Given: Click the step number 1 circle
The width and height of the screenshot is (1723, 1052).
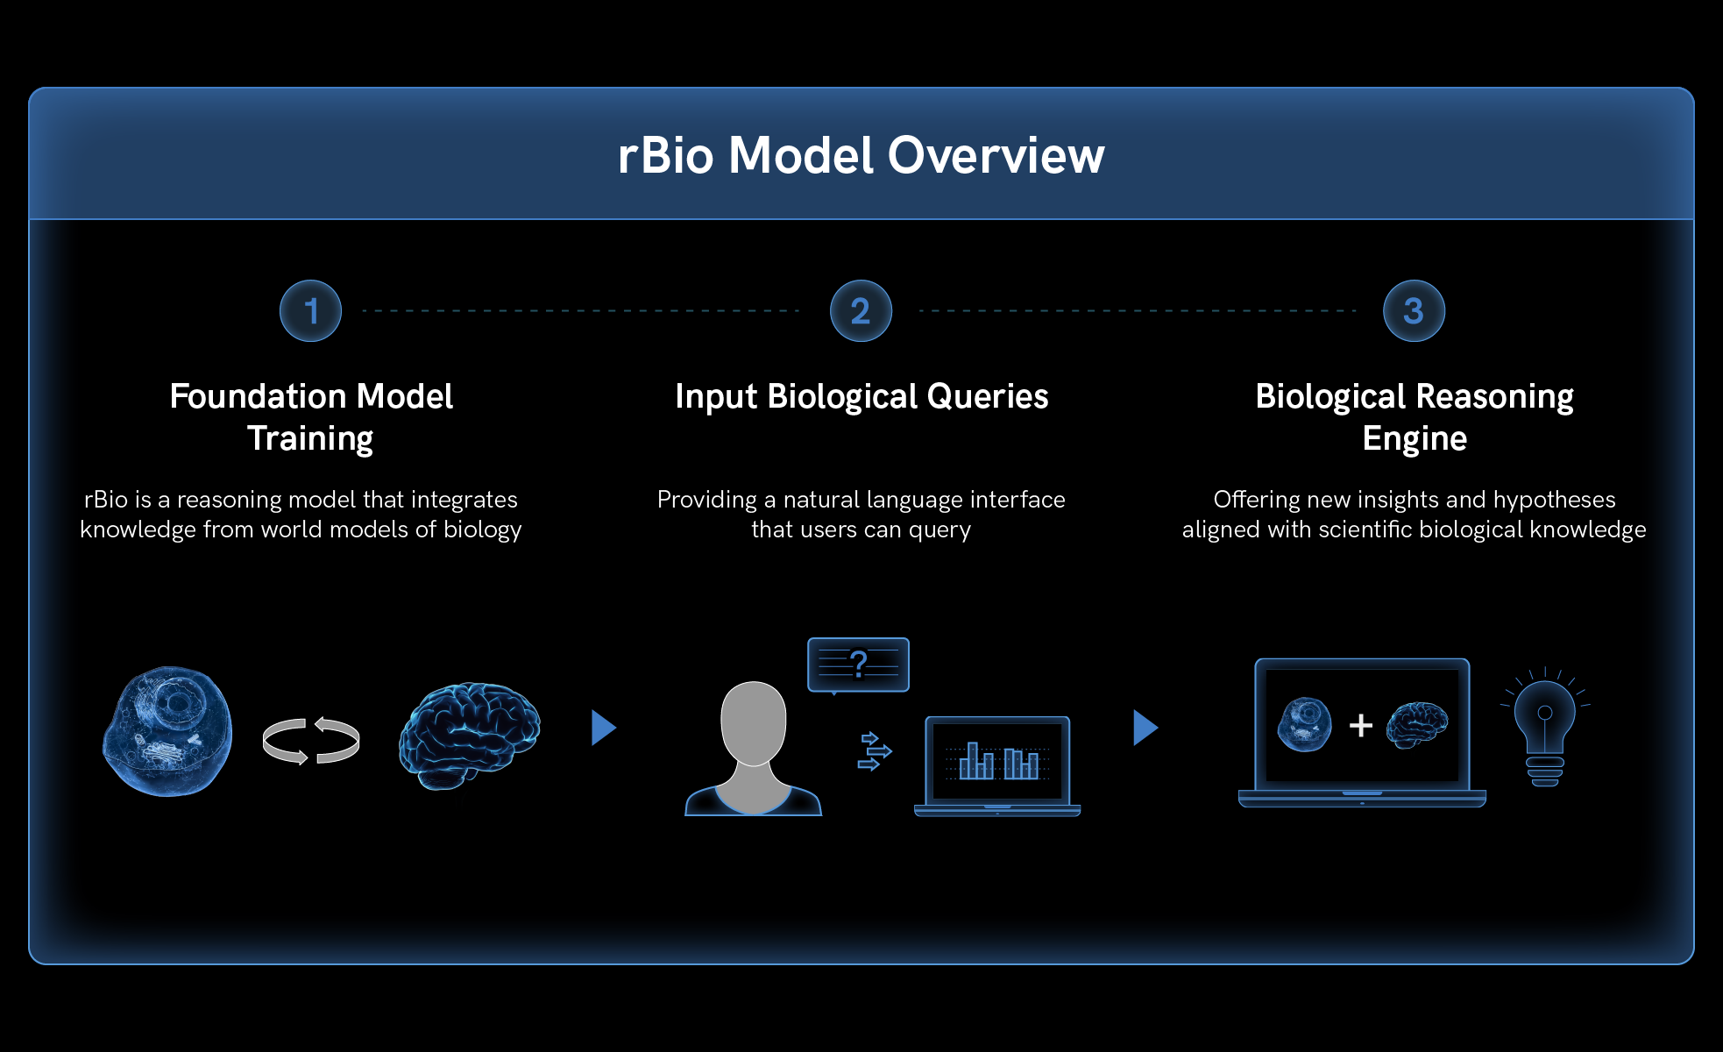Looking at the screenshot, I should pyautogui.click(x=310, y=311).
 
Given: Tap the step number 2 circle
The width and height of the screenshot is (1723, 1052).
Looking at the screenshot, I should pyautogui.click(x=861, y=311).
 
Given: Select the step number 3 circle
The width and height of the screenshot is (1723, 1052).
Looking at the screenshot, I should pyautogui.click(x=1414, y=311).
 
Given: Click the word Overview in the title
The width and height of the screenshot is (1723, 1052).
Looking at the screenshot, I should pyautogui.click(x=996, y=155).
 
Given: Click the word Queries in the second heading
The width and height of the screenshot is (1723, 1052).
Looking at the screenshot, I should pyautogui.click(x=987, y=396).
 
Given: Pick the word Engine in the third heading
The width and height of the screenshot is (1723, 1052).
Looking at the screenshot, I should pyautogui.click(x=1415, y=438).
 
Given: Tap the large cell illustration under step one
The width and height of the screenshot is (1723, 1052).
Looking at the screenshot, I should pyautogui.click(x=168, y=731).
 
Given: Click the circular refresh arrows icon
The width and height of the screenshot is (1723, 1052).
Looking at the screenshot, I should pyautogui.click(x=311, y=741).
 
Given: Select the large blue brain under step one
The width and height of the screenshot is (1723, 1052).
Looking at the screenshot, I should pyautogui.click(x=470, y=735).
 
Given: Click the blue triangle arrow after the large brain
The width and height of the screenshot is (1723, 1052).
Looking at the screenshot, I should pyautogui.click(x=603, y=728).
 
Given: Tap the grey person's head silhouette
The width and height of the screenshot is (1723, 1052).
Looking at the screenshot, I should pyautogui.click(x=753, y=722).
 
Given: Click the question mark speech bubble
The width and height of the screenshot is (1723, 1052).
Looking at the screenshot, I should pyautogui.click(x=858, y=665).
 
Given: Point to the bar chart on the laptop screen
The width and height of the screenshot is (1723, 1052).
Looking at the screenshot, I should pyautogui.click(x=997, y=761).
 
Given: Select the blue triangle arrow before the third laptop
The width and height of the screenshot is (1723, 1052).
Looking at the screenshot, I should pyautogui.click(x=1145, y=728).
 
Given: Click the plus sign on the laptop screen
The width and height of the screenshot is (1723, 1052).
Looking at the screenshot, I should pyautogui.click(x=1361, y=725).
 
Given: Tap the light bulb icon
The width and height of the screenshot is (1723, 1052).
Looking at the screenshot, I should pyautogui.click(x=1545, y=728).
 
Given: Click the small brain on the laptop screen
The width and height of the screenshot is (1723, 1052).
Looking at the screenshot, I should pyautogui.click(x=1417, y=724).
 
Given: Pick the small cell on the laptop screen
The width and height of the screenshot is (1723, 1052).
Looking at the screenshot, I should pyautogui.click(x=1304, y=724).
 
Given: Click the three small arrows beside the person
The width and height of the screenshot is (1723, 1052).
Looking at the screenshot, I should pyautogui.click(x=874, y=751).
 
